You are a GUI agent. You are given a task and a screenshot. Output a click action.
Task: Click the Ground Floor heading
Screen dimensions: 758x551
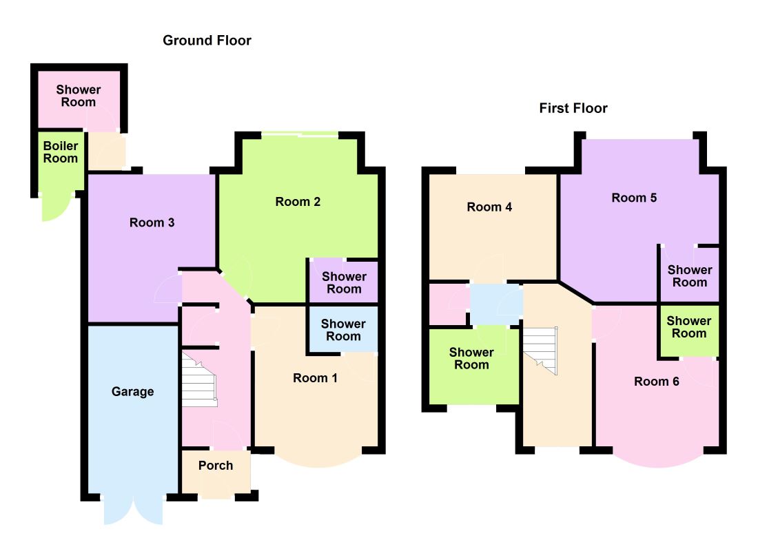coord(207,40)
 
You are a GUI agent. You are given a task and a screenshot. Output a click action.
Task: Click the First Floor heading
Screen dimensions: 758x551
coord(573,107)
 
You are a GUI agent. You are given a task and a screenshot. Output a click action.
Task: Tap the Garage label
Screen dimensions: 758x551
coord(132,391)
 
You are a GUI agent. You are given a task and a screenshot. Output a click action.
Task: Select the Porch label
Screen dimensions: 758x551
coord(216,465)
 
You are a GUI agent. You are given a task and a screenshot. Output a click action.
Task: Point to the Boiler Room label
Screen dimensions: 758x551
coord(61,152)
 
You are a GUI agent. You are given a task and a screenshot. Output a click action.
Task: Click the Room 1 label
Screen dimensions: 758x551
coord(315,378)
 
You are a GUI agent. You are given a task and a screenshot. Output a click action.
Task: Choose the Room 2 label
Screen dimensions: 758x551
coord(298,202)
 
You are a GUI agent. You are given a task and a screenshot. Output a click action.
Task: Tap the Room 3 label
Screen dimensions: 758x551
coord(152,222)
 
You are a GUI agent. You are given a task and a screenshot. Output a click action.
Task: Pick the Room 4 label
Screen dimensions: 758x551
coord(489,207)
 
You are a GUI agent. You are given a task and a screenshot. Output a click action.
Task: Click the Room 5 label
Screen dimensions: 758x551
coord(634,198)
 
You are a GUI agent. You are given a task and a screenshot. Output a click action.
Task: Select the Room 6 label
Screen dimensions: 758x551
coord(657,382)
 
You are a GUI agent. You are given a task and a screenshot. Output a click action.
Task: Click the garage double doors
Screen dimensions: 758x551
coord(134,510)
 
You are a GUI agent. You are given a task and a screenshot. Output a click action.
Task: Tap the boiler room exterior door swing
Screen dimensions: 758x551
coord(56,208)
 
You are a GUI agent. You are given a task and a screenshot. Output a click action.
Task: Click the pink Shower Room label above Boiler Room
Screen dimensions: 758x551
coord(79,96)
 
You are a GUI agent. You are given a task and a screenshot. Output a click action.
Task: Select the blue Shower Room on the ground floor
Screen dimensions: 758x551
coord(343,330)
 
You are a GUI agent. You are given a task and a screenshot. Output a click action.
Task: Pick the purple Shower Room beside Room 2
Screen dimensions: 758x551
coord(344,283)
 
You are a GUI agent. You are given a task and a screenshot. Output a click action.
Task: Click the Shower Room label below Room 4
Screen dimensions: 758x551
coord(471,359)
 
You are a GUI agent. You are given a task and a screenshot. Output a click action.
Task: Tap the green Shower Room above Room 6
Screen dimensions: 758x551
coord(689,327)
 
